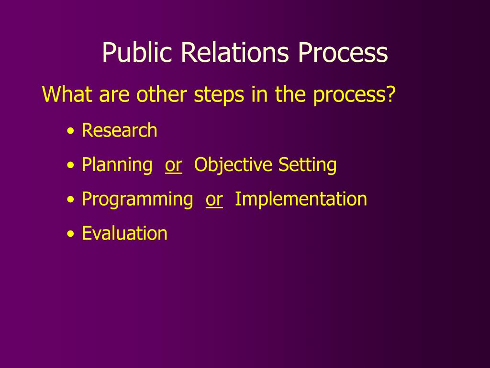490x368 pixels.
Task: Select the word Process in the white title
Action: (x=343, y=53)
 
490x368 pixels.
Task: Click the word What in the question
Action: (x=68, y=94)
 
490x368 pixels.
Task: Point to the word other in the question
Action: (x=163, y=94)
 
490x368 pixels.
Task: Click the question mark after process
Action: (x=391, y=94)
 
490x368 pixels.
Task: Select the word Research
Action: (x=119, y=130)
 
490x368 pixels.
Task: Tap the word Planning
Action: (x=117, y=165)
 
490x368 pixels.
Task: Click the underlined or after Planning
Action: (x=173, y=165)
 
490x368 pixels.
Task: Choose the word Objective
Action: (x=234, y=165)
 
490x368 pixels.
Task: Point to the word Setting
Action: (x=308, y=165)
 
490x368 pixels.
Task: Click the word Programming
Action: (x=137, y=199)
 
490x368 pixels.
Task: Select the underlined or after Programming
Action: (x=214, y=199)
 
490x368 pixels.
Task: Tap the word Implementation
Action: (x=301, y=199)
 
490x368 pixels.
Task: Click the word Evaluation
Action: (x=124, y=234)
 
